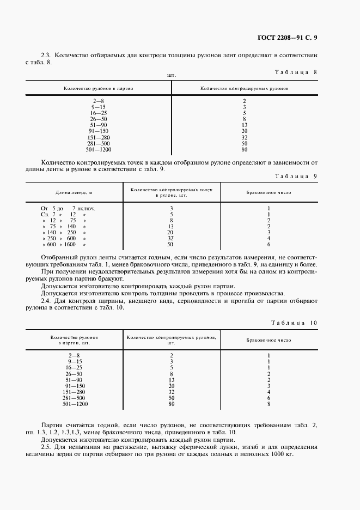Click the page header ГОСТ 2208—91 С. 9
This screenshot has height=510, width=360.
pos(288,38)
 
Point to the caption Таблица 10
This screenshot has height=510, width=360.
pos(294,323)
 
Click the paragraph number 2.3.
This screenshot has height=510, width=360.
pos(47,56)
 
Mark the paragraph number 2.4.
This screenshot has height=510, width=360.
pos(47,301)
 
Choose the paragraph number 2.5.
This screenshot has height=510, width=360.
pos(47,446)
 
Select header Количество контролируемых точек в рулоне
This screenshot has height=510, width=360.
pos(171,192)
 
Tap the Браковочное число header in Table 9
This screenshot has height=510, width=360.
pos(269,192)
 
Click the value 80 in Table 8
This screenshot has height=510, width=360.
pos(245,149)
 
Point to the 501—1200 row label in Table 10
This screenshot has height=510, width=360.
pos(75,404)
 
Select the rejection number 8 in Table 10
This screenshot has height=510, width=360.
pos(269,404)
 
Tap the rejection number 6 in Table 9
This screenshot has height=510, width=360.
pos(269,245)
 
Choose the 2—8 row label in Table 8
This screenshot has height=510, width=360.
pos(99,101)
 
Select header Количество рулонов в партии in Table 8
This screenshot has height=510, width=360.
pos(99,88)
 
